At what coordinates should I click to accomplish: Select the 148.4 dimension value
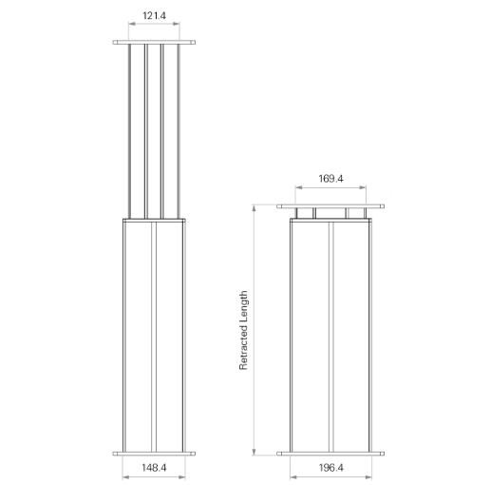[154, 468]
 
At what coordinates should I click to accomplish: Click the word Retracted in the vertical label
[244, 348]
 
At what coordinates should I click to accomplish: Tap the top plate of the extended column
[154, 42]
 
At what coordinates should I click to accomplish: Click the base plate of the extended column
[154, 453]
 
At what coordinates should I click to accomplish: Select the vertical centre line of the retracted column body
[329, 333]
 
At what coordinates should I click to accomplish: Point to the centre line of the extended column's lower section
[154, 333]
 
